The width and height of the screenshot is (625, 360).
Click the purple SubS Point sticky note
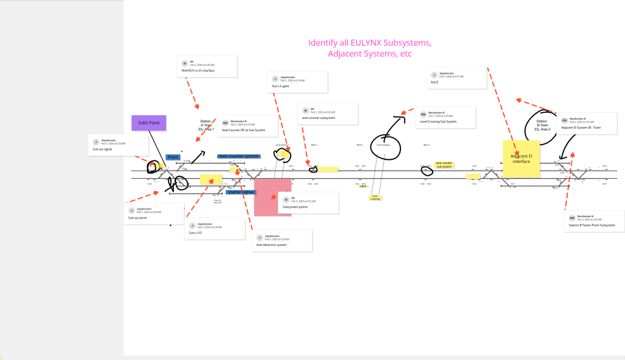[149, 123]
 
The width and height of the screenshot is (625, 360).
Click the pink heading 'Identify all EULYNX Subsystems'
[370, 43]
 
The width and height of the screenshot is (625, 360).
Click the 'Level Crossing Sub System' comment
[445, 118]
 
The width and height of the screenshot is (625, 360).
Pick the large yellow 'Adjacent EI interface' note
[521, 159]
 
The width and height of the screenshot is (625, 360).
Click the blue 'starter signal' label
[240, 192]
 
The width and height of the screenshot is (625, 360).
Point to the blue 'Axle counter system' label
[239, 156]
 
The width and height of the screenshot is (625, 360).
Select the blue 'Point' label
[173, 157]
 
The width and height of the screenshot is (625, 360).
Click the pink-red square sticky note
[272, 197]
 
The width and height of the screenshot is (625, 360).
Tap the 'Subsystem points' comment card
[308, 203]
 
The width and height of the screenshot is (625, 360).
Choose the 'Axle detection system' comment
[282, 241]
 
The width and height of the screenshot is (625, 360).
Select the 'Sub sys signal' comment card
[118, 145]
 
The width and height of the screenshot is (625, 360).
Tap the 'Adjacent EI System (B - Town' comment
[590, 124]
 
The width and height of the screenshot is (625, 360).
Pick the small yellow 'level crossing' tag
[375, 197]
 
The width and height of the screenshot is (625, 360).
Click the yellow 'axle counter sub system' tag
[444, 165]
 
